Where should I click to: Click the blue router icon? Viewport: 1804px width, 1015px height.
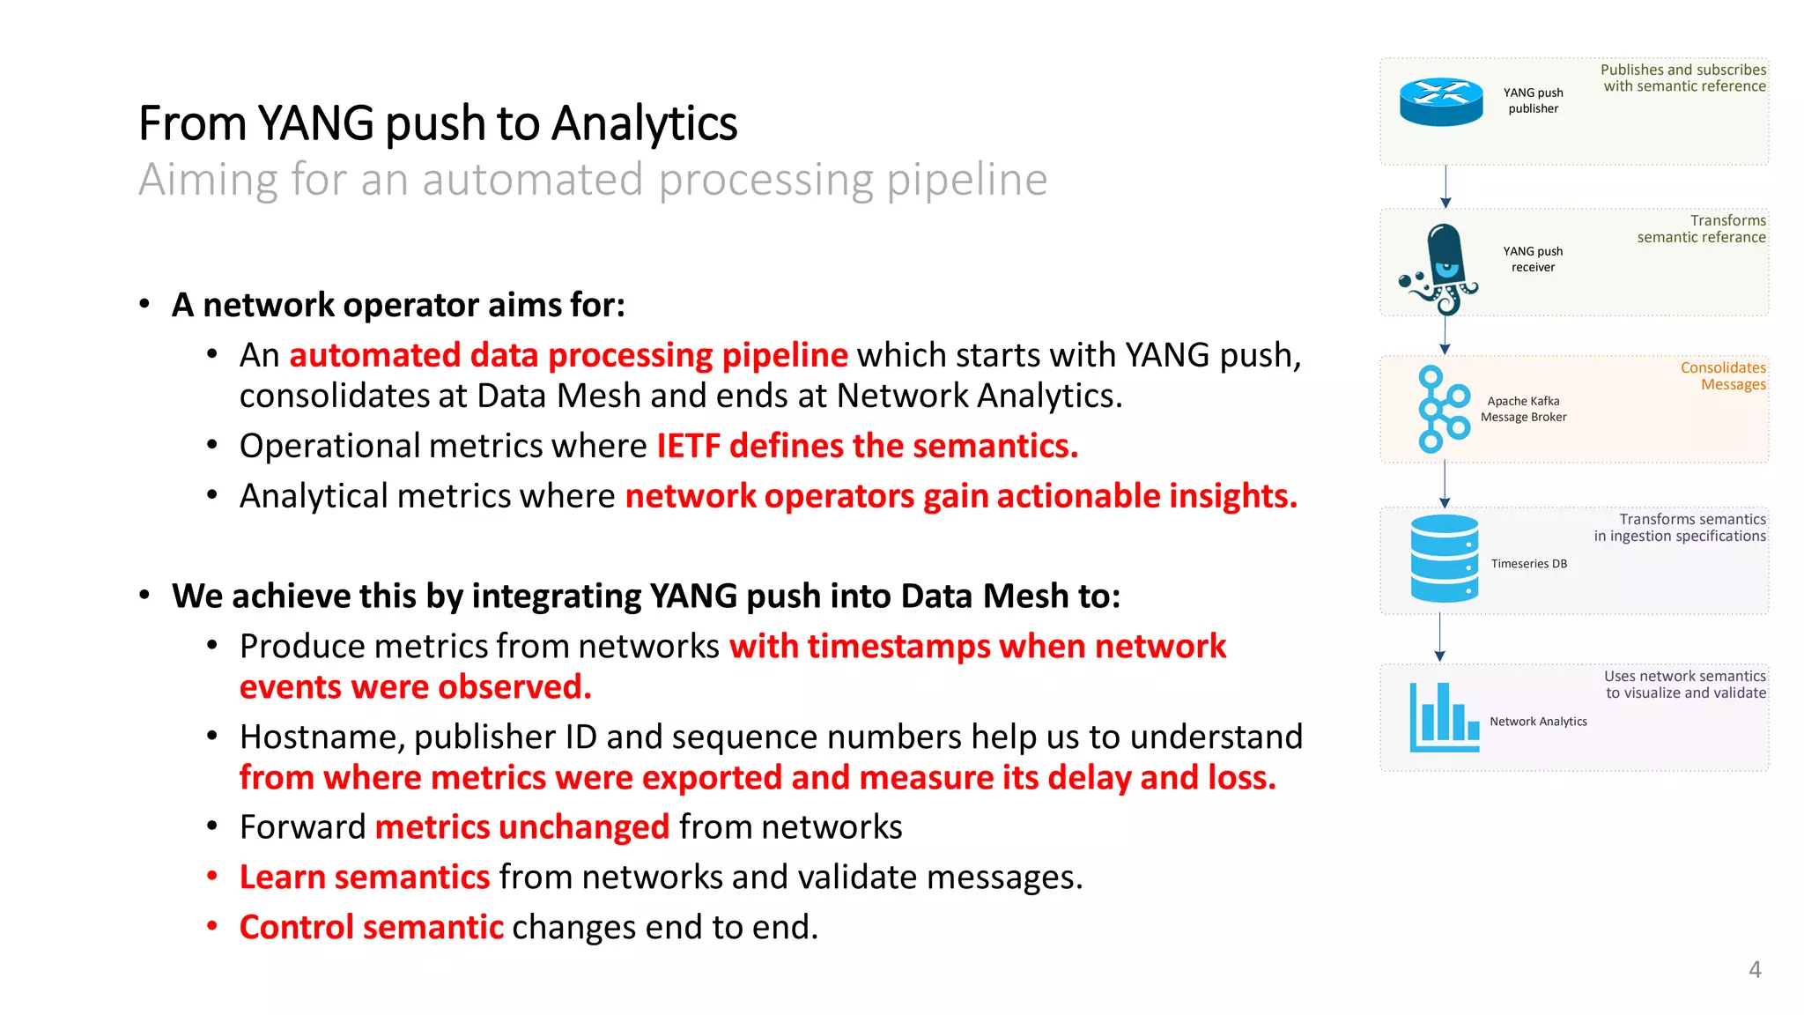point(1441,101)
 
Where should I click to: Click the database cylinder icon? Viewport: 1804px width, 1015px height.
point(1444,559)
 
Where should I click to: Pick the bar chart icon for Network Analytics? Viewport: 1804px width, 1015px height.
point(1444,717)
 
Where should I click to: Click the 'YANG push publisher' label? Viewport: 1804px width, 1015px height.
point(1533,100)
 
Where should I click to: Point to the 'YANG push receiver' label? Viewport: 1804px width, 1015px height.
point(1533,259)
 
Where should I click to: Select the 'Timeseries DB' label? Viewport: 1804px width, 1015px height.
point(1528,564)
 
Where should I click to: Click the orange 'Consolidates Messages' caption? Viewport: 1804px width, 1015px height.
point(1723,376)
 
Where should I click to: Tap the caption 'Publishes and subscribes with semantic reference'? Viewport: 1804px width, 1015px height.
point(1683,78)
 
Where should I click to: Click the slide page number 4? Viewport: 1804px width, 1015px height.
point(1755,970)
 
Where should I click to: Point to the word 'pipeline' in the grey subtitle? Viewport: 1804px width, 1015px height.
point(966,180)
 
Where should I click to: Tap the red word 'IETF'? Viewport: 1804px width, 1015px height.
point(688,446)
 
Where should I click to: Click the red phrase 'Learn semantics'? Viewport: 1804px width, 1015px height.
point(364,878)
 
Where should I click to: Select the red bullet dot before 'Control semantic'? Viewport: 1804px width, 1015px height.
point(212,925)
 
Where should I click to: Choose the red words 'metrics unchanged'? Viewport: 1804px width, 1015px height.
point(521,827)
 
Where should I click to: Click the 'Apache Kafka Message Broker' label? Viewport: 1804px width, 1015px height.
point(1523,409)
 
